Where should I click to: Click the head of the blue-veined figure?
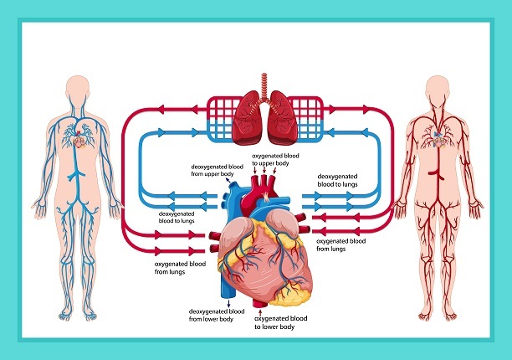(78, 90)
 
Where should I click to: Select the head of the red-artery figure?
(437, 90)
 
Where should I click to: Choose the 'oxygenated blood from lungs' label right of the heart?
(340, 244)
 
